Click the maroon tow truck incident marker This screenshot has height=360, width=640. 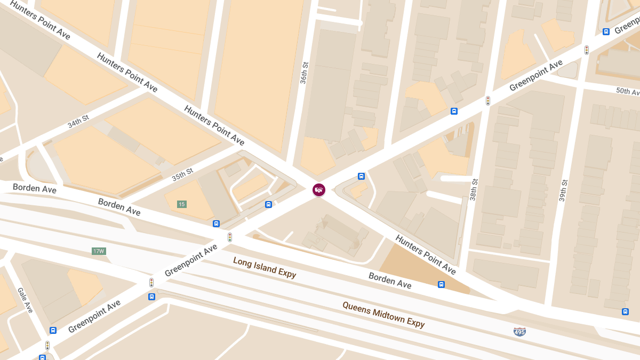coord(318,190)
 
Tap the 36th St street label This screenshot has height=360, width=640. coord(304,72)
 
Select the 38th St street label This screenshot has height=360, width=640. coord(474,189)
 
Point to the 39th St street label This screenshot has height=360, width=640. coord(563,190)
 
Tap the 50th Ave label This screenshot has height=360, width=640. coord(627,91)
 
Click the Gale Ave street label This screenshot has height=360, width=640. coord(25,300)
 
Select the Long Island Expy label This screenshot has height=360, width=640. coord(265,267)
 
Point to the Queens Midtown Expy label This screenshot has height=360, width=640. coord(383,315)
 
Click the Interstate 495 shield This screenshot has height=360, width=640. coord(519,332)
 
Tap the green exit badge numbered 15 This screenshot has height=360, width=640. coord(182,204)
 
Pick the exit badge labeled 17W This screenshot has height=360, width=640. coord(99,251)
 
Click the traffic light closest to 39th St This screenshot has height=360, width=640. coord(587,50)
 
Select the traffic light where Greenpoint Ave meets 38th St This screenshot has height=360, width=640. coord(487,100)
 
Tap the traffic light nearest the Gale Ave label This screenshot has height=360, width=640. coord(47,345)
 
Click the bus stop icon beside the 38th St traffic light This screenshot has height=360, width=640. coord(454,111)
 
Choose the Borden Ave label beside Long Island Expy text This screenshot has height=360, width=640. coord(390,281)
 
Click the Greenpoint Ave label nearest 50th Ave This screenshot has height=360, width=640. coord(535,76)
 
